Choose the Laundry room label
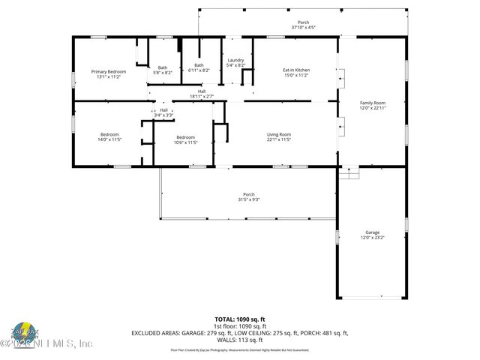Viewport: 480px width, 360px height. (x=236, y=62)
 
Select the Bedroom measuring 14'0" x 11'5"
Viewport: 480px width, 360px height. (x=109, y=137)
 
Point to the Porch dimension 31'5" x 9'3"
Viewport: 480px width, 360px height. (x=249, y=198)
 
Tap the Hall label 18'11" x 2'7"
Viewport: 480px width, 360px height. (x=202, y=94)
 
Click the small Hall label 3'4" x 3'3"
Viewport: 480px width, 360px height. (x=163, y=112)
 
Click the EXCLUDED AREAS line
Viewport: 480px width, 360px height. (x=240, y=332)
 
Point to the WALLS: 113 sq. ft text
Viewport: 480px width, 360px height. (x=240, y=338)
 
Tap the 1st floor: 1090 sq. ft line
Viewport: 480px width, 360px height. (x=240, y=326)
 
